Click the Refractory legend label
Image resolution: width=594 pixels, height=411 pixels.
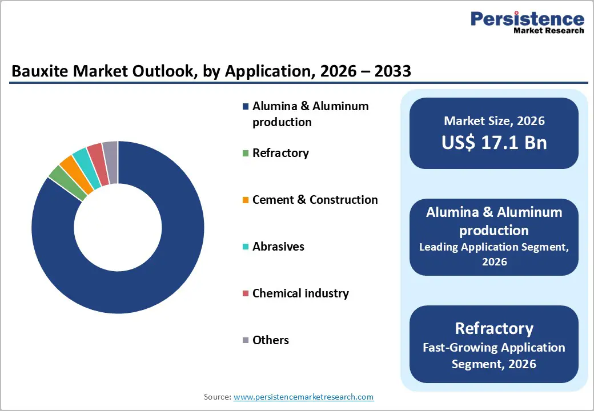(280, 153)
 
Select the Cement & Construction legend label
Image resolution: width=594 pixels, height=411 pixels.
(315, 200)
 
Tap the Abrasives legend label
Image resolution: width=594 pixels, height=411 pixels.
(278, 247)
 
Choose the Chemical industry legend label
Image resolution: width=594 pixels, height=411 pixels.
(300, 293)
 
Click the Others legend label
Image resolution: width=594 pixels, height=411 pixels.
(270, 340)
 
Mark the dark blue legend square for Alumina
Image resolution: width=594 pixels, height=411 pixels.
(246, 107)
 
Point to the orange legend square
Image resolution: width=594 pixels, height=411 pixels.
(246, 200)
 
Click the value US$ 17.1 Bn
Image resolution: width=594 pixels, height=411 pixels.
(494, 143)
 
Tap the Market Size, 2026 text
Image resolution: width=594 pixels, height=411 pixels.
(494, 121)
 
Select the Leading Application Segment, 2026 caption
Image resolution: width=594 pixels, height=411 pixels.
(494, 254)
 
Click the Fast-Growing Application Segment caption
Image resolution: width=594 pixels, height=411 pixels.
(494, 355)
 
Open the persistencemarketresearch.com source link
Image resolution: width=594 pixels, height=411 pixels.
(303, 397)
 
